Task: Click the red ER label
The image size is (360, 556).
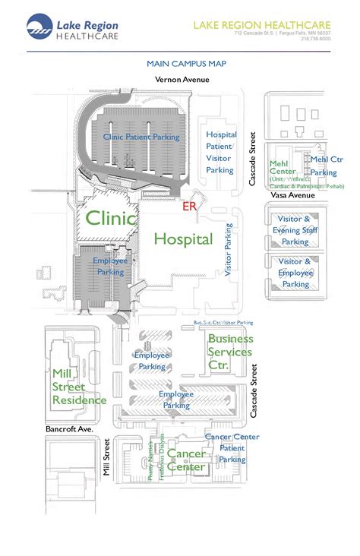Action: [x=190, y=205]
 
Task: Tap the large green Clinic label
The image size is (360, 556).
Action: [x=111, y=219]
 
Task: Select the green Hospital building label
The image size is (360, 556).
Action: [x=183, y=239]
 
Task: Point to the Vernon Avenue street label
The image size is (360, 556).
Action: [x=181, y=79]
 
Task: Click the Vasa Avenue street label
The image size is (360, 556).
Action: [x=292, y=195]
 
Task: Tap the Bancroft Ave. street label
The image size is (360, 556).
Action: [x=68, y=428]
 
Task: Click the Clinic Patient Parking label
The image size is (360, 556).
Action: [x=141, y=137]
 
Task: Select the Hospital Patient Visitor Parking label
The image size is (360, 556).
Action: [x=221, y=153]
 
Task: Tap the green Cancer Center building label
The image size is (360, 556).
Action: [x=186, y=460]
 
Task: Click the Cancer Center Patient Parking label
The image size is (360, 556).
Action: [x=232, y=448]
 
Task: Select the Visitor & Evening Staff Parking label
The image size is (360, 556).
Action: [x=295, y=230]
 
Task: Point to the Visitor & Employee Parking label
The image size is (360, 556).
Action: [x=295, y=273]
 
